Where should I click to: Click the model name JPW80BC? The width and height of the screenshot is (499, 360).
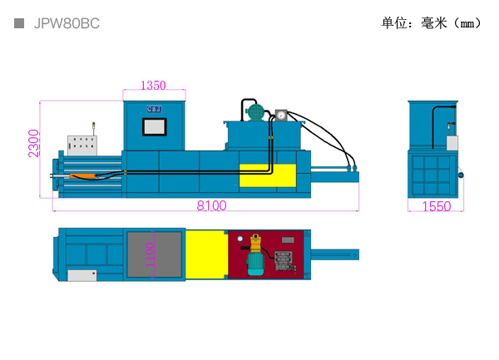coord(67,24)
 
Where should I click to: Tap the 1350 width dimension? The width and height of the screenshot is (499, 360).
coord(153,85)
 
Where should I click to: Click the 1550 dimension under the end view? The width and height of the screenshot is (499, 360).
coord(436,206)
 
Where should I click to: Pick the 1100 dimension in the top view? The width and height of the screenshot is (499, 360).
coord(150,254)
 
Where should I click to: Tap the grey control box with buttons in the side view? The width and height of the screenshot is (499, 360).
coord(82,145)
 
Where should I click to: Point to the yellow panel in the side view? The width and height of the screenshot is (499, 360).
coord(267,175)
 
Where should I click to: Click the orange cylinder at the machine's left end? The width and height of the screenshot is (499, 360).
coord(86,175)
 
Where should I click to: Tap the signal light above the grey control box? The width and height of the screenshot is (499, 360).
coord(94,127)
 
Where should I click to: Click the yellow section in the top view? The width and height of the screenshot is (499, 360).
coord(205,254)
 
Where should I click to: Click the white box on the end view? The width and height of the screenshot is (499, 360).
coord(452,142)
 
